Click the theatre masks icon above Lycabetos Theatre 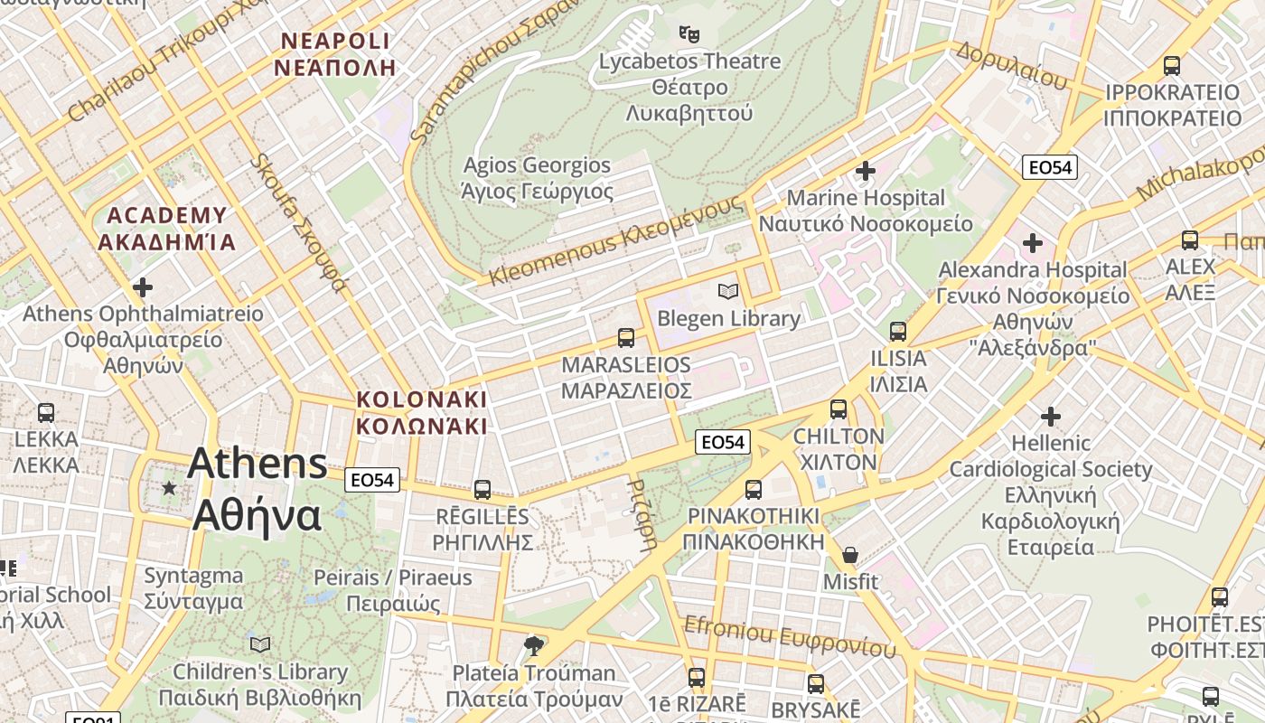(x=689, y=34)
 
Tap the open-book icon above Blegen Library (x=728, y=291)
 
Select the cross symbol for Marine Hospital (x=866, y=170)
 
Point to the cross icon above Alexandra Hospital (x=1033, y=243)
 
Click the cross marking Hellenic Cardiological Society (x=1050, y=417)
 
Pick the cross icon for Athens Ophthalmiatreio (x=143, y=287)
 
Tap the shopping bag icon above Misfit (x=849, y=554)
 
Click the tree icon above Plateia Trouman (x=534, y=645)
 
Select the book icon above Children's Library (x=260, y=644)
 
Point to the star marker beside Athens (x=169, y=488)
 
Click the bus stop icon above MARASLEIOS (x=625, y=338)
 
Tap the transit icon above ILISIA (x=897, y=332)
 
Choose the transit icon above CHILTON (x=839, y=409)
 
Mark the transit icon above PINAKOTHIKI (x=754, y=490)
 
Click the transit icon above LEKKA (x=46, y=413)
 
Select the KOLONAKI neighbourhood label (x=421, y=412)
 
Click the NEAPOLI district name (x=336, y=54)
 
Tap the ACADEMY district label (x=167, y=229)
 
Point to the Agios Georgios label (x=538, y=178)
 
